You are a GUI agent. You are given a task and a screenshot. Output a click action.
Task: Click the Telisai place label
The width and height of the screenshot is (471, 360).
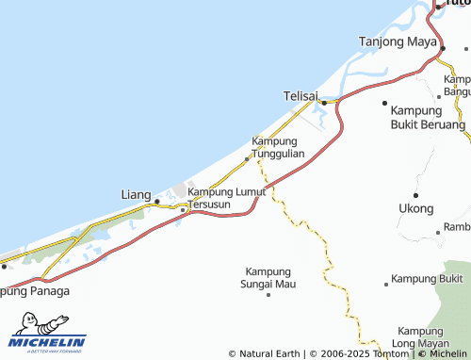click(x=301, y=96)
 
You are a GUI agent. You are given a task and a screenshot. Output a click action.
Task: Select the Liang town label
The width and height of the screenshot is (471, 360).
click(x=136, y=195)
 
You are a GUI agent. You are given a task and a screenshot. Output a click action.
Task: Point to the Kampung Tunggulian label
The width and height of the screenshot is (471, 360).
click(x=277, y=147)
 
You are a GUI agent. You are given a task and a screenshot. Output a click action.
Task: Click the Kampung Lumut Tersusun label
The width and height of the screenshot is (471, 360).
click(x=226, y=198)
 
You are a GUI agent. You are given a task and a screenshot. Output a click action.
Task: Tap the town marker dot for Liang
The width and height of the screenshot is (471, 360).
click(x=156, y=200)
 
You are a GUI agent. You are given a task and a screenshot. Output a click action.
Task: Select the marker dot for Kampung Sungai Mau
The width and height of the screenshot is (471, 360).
click(x=268, y=294)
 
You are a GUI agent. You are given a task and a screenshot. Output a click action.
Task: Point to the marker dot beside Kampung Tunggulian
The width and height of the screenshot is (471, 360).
click(x=247, y=158)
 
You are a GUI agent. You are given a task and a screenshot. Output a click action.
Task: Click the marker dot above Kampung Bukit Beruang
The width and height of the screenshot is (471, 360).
click(x=384, y=102)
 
